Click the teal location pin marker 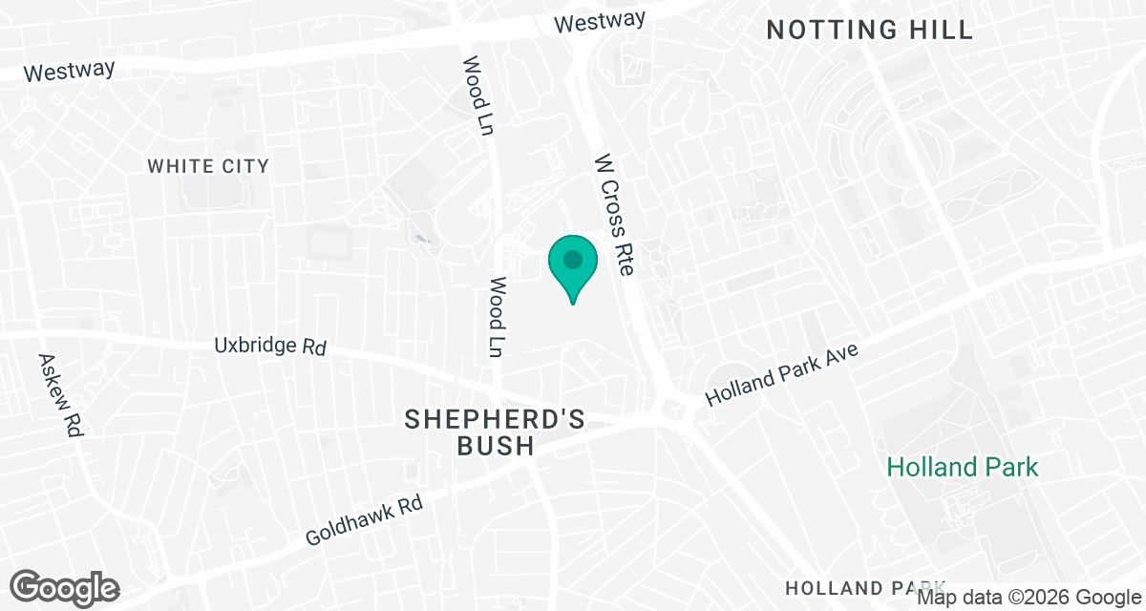tap(572, 264)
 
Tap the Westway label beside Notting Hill tap(602, 20)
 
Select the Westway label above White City tap(69, 71)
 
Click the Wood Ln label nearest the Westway tap(477, 95)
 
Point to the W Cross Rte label tap(614, 216)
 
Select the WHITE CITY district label tap(208, 166)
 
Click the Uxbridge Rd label tap(271, 345)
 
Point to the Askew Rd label tap(59, 395)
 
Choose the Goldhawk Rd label tap(364, 520)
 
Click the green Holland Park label tap(962, 467)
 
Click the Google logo tap(65, 587)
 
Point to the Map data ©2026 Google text tap(1029, 598)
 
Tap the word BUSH tap(495, 446)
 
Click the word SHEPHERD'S tap(495, 419)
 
